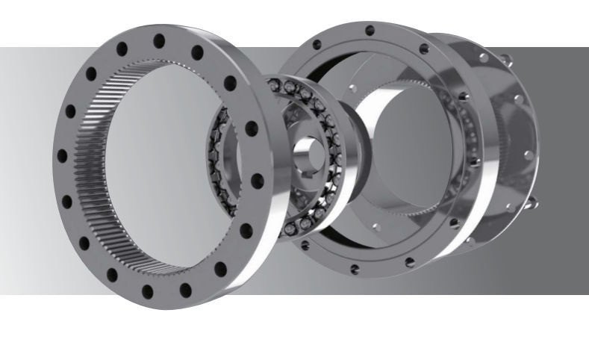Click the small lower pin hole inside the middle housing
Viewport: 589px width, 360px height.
pyautogui.click(x=371, y=224)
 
